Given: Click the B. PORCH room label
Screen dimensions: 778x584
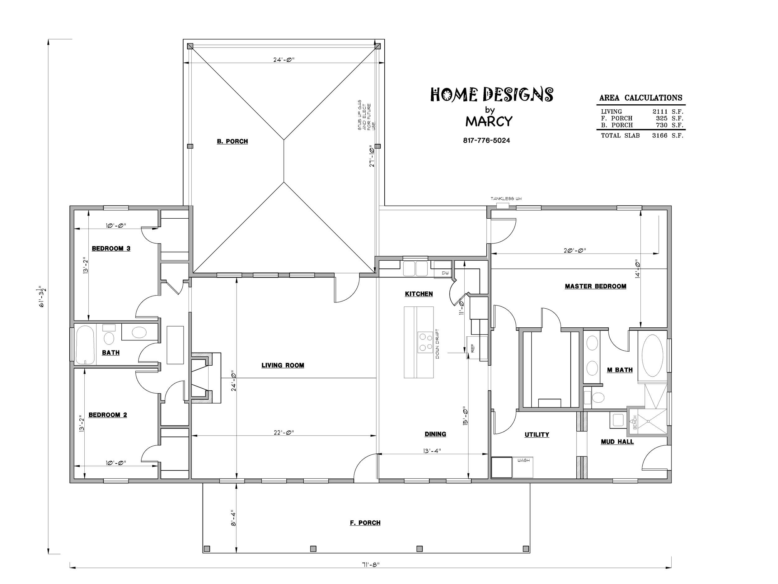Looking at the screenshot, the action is (x=232, y=141).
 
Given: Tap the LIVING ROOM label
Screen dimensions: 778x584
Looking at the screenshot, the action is (x=283, y=365).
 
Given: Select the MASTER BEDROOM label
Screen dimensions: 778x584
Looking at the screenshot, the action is (x=595, y=287).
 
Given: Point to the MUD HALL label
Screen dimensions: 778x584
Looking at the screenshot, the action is (x=617, y=442).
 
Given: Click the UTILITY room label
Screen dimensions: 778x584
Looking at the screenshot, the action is (x=537, y=435).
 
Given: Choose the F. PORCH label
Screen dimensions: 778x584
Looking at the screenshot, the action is (x=365, y=523).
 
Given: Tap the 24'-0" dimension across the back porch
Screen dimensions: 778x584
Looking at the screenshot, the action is (x=284, y=60).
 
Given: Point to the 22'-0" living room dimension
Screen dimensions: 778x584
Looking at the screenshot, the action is (x=284, y=432).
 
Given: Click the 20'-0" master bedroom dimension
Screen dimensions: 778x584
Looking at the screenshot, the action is (x=575, y=251).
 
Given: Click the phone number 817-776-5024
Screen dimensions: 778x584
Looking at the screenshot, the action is (x=486, y=140).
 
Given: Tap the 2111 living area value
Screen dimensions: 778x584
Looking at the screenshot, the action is (x=660, y=112).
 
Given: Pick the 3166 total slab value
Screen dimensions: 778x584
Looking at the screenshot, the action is (x=660, y=135).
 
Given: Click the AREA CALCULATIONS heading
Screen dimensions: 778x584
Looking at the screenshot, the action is (x=641, y=97).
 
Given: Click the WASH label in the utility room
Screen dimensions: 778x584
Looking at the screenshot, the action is (x=524, y=460).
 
